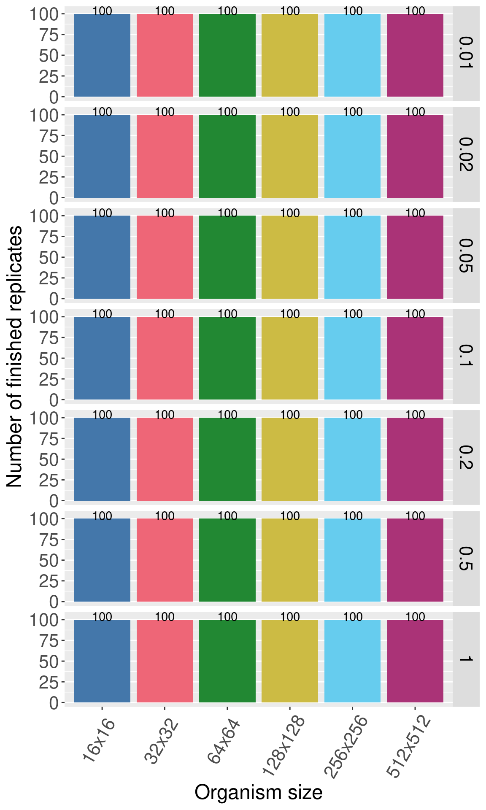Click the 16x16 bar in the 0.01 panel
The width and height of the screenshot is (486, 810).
102,55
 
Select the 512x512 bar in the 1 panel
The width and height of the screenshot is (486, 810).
415,661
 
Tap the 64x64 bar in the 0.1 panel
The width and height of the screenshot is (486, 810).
227,358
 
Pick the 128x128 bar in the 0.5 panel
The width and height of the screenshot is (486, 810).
290,560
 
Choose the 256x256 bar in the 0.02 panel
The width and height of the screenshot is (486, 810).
352,156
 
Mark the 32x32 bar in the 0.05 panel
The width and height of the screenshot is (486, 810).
165,257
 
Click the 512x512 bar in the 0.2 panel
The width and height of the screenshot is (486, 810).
415,459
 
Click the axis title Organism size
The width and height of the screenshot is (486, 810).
258,792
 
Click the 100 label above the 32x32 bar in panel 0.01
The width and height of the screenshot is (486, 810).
165,11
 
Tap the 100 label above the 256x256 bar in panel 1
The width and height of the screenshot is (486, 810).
353,617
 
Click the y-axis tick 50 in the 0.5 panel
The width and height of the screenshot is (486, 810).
50,561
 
